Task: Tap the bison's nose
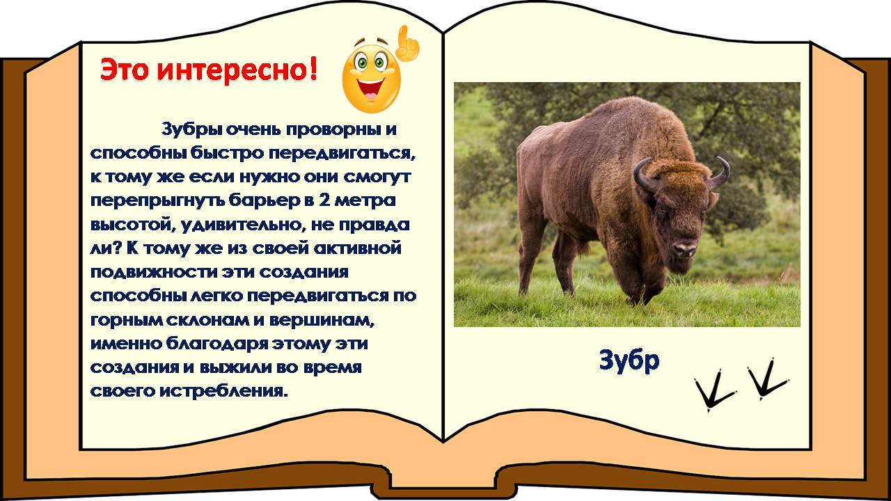pos(684,248)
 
